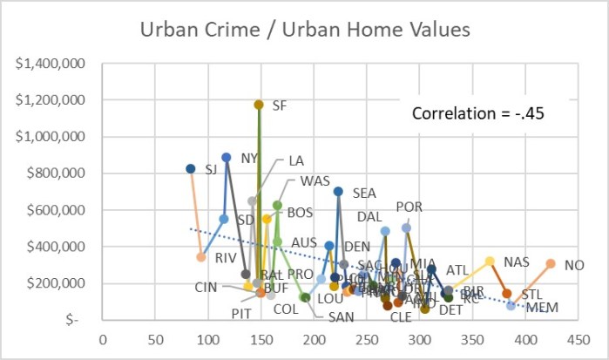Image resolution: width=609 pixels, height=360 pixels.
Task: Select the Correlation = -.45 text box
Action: tap(478, 112)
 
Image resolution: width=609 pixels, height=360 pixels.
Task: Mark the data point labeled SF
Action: tap(259, 105)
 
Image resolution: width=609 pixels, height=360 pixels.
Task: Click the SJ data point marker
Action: tap(191, 169)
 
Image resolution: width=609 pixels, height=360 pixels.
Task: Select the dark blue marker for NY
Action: tap(227, 158)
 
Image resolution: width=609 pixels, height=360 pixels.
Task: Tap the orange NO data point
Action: tap(551, 263)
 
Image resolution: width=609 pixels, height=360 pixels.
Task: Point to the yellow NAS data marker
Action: tap(490, 262)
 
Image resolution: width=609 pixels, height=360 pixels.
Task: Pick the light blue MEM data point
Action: tap(511, 306)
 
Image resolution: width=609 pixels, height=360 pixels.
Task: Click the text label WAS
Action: tap(315, 181)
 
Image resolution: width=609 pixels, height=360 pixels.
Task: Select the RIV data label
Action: tap(226, 257)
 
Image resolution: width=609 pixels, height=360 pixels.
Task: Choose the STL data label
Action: tap(531, 294)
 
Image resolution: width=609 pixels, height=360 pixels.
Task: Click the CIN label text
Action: tap(206, 287)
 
